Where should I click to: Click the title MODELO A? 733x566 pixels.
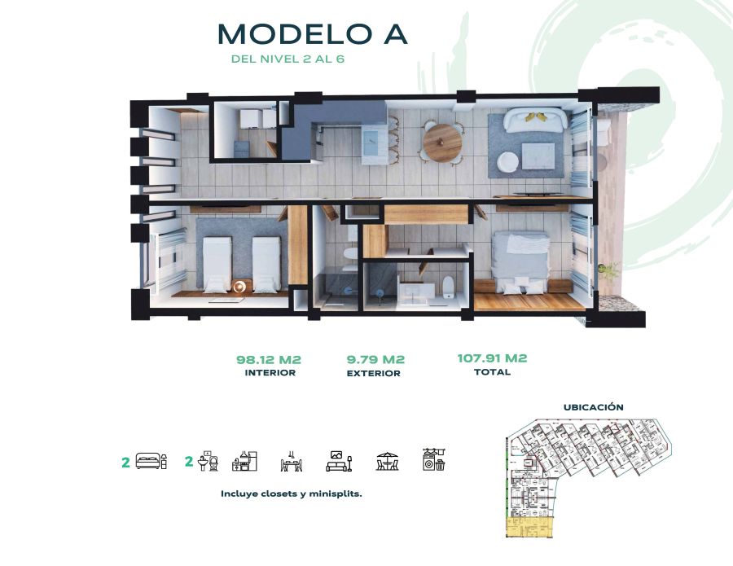click(x=312, y=33)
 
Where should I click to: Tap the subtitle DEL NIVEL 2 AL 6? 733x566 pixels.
click(x=288, y=59)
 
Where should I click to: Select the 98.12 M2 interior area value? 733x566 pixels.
click(x=269, y=360)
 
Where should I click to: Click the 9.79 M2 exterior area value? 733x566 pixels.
click(x=375, y=359)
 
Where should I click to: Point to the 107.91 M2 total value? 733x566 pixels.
click(x=492, y=358)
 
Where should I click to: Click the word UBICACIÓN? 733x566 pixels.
click(x=593, y=407)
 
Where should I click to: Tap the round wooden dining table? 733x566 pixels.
click(x=442, y=143)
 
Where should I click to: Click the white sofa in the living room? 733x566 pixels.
click(x=536, y=120)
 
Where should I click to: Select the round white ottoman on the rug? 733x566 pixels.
click(x=508, y=164)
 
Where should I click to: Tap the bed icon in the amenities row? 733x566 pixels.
click(x=151, y=460)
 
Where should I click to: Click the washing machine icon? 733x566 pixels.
click(x=434, y=459)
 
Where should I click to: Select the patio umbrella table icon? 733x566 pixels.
click(x=388, y=461)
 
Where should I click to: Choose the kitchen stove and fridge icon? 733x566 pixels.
click(x=244, y=460)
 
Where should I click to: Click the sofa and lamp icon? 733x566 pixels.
click(x=339, y=461)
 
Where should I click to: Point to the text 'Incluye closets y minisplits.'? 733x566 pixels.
click(x=292, y=494)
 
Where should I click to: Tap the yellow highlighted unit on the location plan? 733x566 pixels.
click(x=530, y=528)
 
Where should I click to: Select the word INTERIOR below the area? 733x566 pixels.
click(x=270, y=373)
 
